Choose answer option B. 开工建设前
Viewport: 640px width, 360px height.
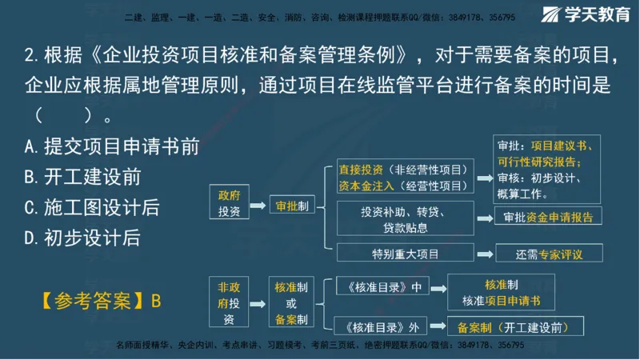[x=83, y=177]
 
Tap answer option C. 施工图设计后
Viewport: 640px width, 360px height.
[x=92, y=207]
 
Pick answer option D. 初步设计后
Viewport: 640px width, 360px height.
[x=83, y=237]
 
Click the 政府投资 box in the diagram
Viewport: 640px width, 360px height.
[x=229, y=203]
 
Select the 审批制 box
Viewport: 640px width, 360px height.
[x=291, y=206]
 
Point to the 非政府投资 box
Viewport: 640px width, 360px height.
[x=229, y=302]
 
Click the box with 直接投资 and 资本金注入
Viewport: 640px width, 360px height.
[x=402, y=178]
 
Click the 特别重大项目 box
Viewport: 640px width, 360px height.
[x=405, y=254]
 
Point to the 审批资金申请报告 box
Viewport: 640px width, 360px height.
[x=547, y=217]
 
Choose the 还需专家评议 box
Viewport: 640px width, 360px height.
[x=549, y=254]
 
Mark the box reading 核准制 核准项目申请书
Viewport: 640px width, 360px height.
[x=501, y=293]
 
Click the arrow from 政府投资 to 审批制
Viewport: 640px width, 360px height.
[x=257, y=206]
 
